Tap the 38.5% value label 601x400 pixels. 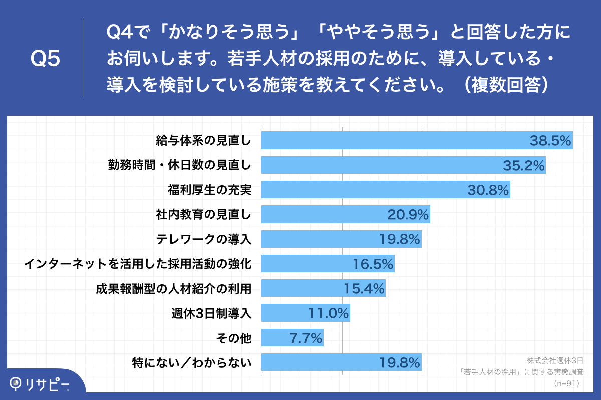click(x=550, y=141)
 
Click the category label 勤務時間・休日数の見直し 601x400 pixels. click(x=179, y=165)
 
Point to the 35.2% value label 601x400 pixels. click(x=524, y=166)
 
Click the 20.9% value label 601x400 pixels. click(x=408, y=215)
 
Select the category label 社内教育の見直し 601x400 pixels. click(x=203, y=215)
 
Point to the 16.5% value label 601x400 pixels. click(x=373, y=264)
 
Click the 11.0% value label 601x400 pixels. click(x=328, y=313)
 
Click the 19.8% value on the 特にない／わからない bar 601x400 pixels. click(x=399, y=362)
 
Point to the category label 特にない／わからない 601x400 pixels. click(x=191, y=362)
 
